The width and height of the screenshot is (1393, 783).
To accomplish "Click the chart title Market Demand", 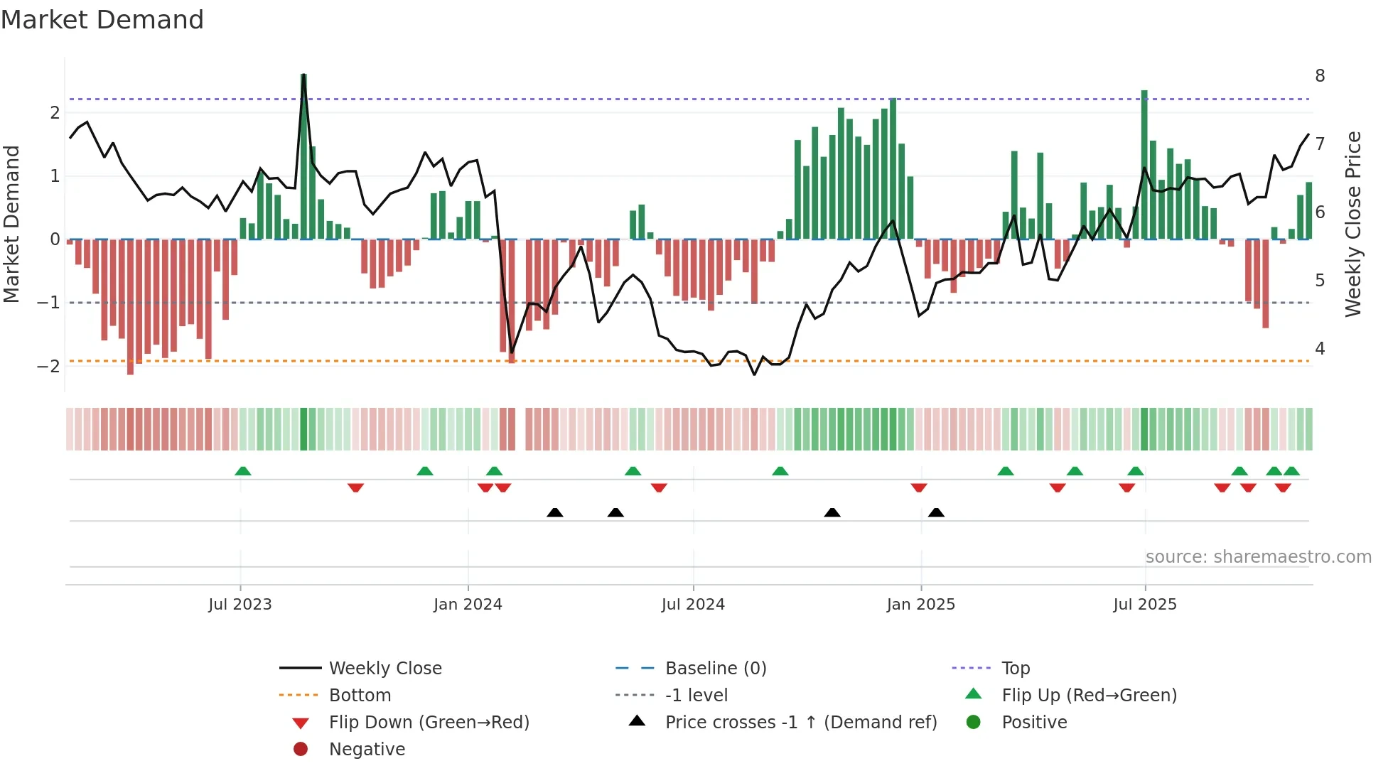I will click(102, 20).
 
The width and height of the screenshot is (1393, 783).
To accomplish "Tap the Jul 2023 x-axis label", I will click(240, 605).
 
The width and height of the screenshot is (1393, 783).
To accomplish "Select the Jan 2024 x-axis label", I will click(468, 605).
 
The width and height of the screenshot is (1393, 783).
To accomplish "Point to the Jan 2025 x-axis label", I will click(920, 605).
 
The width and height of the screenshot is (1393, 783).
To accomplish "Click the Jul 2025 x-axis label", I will click(1144, 605).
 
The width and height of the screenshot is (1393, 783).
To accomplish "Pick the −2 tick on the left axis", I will click(48, 367).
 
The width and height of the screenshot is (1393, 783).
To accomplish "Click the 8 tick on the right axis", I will click(1320, 76).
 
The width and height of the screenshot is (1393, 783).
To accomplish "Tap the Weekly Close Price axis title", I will click(1353, 224).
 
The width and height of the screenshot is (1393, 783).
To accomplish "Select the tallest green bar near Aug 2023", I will click(303, 156).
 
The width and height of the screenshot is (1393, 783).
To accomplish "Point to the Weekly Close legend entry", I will click(384, 669).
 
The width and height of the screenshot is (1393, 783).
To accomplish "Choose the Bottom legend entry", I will click(360, 696).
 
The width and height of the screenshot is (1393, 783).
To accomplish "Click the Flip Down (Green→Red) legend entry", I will click(429, 723).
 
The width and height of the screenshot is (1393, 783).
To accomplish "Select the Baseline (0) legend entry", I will click(715, 669).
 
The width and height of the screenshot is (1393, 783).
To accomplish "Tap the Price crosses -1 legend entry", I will click(800, 723).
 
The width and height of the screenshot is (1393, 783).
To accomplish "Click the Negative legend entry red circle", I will click(301, 750).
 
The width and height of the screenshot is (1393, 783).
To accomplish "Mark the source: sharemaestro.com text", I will click(1258, 557).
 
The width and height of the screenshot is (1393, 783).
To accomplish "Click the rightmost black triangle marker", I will click(936, 513).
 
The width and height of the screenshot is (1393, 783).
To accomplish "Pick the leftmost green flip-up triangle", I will click(243, 471).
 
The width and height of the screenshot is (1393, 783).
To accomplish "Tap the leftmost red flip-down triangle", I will click(355, 487).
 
